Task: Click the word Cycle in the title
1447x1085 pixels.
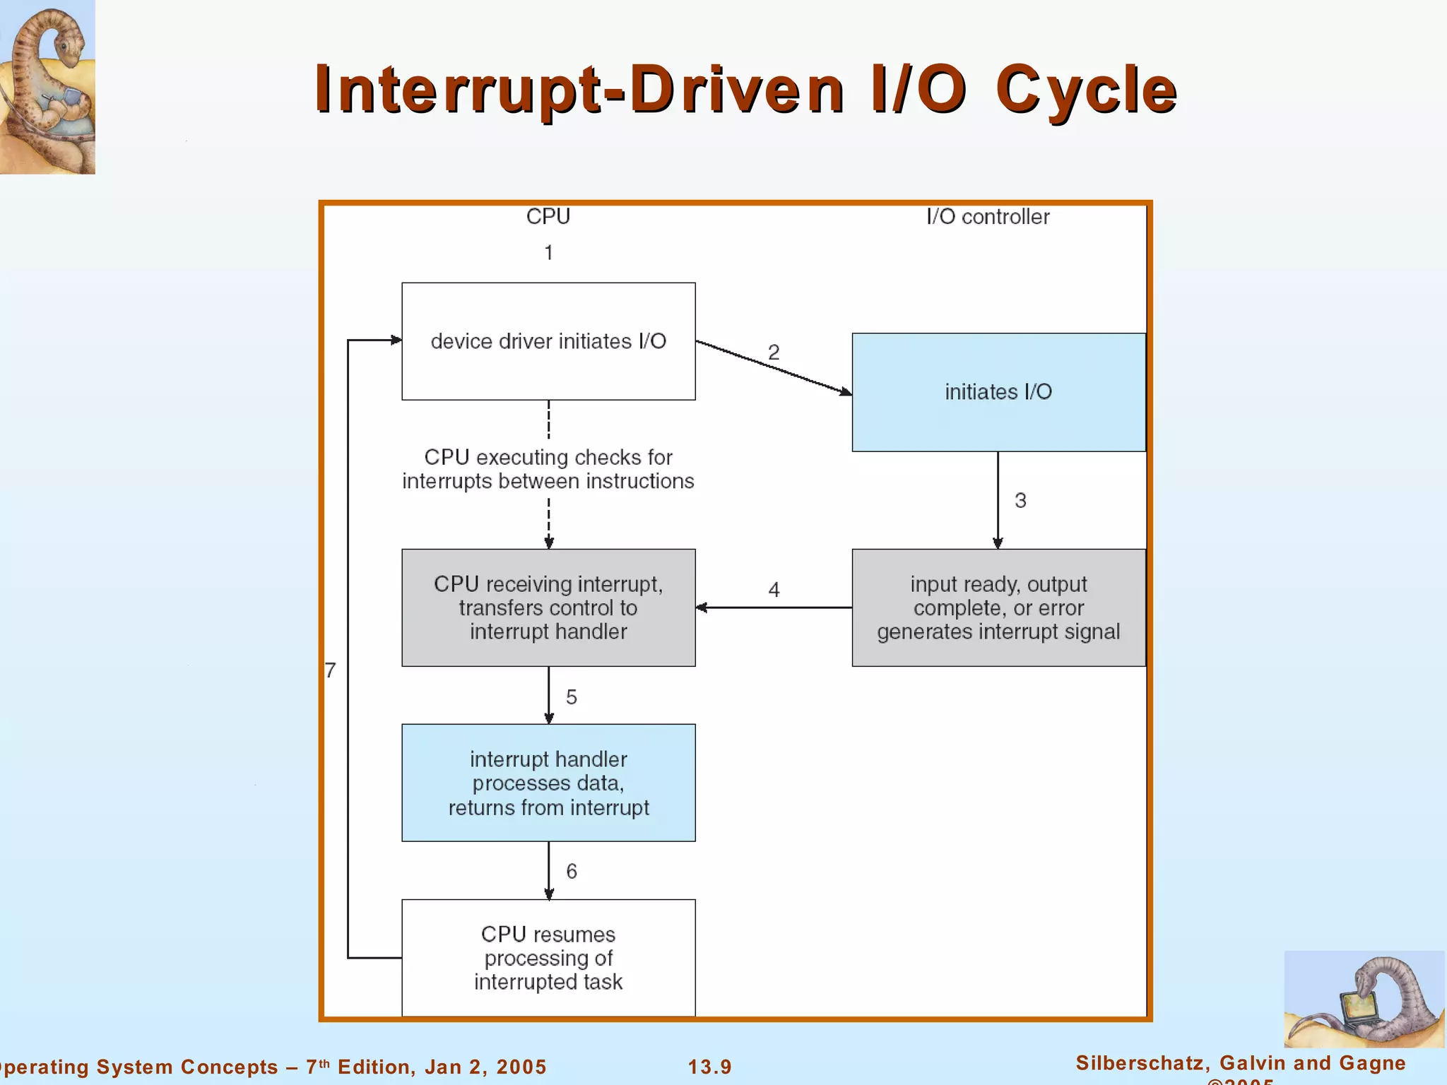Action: (x=1086, y=90)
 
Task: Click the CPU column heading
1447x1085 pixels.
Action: (x=548, y=216)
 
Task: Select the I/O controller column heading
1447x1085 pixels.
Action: (x=987, y=216)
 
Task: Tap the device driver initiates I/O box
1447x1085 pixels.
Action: (x=548, y=341)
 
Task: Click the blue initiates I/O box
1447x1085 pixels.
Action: (x=998, y=392)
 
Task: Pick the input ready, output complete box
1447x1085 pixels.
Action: (x=998, y=607)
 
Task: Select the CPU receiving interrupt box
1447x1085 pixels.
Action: (x=548, y=607)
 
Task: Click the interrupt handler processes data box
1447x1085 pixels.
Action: (x=548, y=783)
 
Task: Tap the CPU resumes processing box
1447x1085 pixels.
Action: (x=548, y=957)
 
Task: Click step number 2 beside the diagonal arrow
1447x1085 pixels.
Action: (x=774, y=352)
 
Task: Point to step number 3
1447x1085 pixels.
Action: (x=1020, y=500)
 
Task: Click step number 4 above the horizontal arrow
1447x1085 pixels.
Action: (x=774, y=589)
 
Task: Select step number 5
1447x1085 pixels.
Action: (x=572, y=697)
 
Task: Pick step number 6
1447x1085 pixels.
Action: (x=572, y=871)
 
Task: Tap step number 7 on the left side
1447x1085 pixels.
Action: (x=331, y=670)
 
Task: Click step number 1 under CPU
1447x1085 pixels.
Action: (x=548, y=252)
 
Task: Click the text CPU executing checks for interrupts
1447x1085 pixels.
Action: (x=548, y=469)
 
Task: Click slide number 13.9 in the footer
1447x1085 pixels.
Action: (x=709, y=1067)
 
